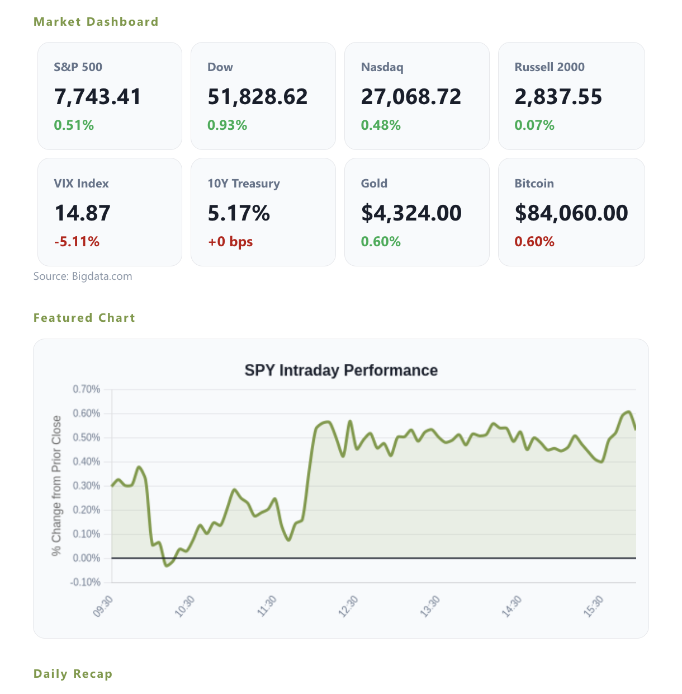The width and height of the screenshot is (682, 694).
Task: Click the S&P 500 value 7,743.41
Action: click(97, 96)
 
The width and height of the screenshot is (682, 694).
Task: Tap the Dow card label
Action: click(220, 67)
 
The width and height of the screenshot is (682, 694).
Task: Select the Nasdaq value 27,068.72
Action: click(411, 96)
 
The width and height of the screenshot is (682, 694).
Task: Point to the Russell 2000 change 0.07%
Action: click(534, 125)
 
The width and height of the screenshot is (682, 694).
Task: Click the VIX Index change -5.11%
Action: click(77, 241)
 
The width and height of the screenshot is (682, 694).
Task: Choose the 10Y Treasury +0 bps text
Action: click(230, 241)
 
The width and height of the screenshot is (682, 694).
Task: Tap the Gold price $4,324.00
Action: click(411, 213)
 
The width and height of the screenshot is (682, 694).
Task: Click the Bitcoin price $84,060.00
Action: click(571, 213)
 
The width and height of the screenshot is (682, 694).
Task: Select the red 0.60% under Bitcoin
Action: click(534, 241)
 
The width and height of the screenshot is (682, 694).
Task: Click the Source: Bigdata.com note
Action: click(83, 276)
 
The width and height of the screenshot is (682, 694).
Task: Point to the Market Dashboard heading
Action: click(96, 22)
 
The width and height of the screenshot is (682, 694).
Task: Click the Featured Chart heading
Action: click(84, 318)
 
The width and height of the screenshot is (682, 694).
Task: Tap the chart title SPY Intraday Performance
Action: click(341, 371)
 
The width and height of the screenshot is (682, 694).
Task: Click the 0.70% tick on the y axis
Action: click(87, 390)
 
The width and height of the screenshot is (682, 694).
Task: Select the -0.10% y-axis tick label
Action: click(86, 583)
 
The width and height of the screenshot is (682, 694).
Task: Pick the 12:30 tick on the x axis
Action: click(348, 607)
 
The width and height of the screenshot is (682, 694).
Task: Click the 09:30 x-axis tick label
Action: click(103, 607)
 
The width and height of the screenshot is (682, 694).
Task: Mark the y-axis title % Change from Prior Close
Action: click(56, 486)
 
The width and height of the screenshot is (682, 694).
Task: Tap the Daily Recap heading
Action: click(73, 674)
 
